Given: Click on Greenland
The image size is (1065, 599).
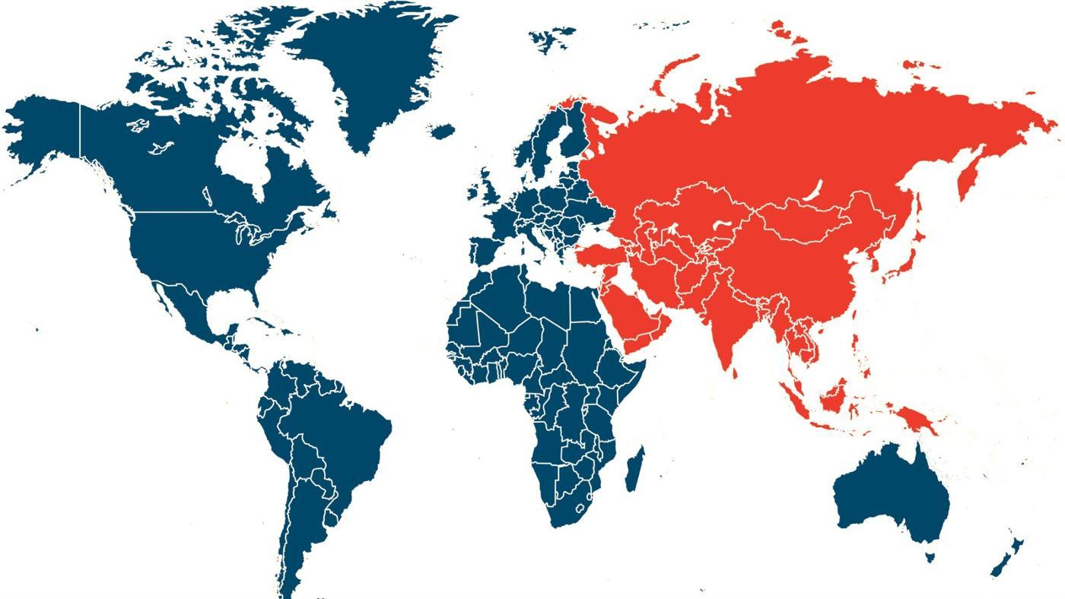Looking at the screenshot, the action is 373,68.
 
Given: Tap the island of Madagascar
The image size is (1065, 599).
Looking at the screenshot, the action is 634,467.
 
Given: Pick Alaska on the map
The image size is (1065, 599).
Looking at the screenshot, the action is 46,129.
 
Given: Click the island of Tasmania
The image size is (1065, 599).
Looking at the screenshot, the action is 929,557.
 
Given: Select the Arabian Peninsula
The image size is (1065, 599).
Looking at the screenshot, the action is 639,319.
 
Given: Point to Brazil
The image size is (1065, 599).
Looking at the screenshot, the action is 342,426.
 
